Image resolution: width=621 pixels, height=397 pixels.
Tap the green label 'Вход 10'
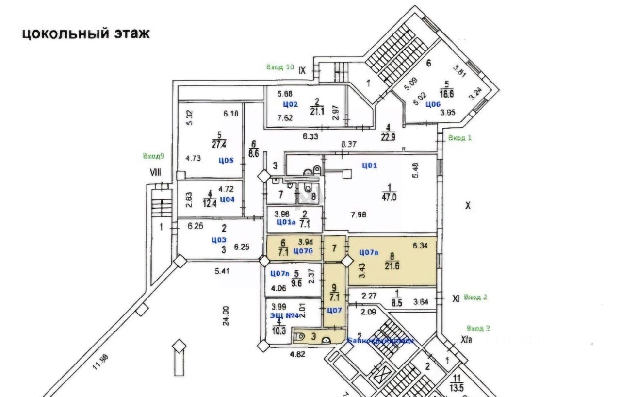point(280,67)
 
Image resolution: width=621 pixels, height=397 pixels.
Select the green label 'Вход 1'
point(460,138)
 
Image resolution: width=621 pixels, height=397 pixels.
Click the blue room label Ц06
point(433,104)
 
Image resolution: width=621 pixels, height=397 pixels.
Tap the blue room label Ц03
point(219,239)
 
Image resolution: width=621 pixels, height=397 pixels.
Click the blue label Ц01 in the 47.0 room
point(370,165)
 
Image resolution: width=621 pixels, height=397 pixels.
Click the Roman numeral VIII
point(155,172)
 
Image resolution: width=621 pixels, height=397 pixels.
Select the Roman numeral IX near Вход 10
point(303,70)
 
